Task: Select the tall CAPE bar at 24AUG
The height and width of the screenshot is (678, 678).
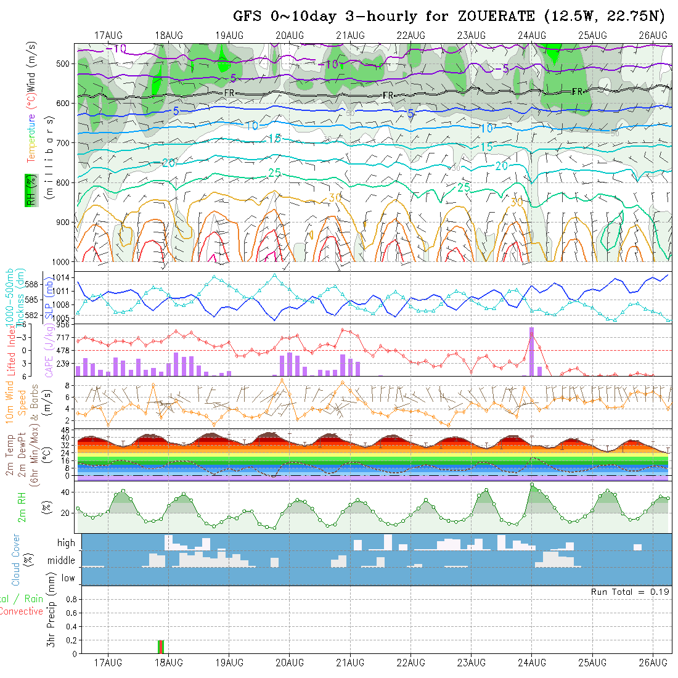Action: tap(531, 351)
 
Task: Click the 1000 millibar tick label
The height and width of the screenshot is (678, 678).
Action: tap(63, 261)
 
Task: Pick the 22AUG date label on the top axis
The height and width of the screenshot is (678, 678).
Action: tap(410, 35)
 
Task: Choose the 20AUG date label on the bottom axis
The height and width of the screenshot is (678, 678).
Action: tap(290, 663)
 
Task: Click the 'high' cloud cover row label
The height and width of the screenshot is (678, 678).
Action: tap(66, 543)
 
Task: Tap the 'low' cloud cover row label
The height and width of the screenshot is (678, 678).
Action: tap(68, 578)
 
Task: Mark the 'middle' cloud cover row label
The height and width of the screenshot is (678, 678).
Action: tap(62, 561)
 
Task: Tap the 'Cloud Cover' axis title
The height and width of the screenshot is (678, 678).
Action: tap(17, 560)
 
